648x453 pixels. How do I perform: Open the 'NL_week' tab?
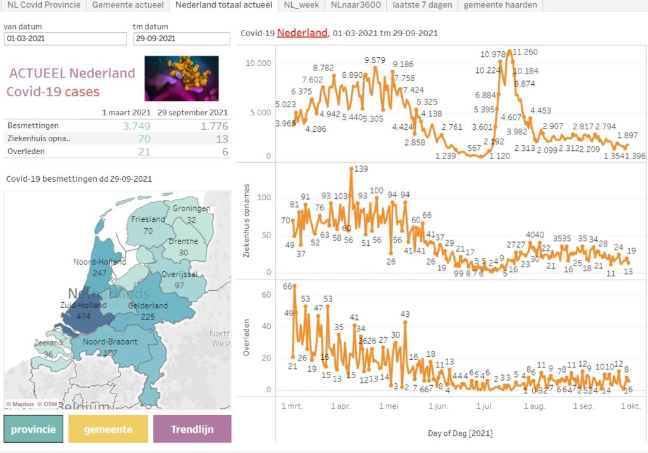click(x=301, y=5)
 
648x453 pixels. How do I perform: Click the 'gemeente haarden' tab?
click(x=500, y=5)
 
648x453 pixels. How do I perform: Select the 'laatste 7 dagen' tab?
click(x=422, y=5)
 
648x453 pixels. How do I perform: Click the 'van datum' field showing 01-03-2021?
click(x=65, y=39)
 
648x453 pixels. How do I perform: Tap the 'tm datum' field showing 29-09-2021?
click(x=182, y=39)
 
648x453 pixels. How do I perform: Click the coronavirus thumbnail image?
click(x=182, y=78)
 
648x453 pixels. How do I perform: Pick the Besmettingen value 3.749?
click(x=137, y=126)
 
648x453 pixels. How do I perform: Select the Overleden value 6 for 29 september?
click(x=224, y=151)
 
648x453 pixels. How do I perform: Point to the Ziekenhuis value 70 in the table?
click(x=144, y=139)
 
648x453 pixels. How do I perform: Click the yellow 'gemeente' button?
click(x=108, y=429)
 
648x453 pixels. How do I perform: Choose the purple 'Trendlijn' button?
click(x=192, y=429)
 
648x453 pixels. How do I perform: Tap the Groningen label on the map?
click(x=190, y=208)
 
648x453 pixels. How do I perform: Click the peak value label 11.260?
click(x=525, y=52)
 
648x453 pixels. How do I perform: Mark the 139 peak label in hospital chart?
click(x=361, y=169)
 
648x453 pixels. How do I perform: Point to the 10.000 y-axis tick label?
click(x=258, y=63)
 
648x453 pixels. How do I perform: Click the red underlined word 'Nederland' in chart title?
click(x=302, y=33)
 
